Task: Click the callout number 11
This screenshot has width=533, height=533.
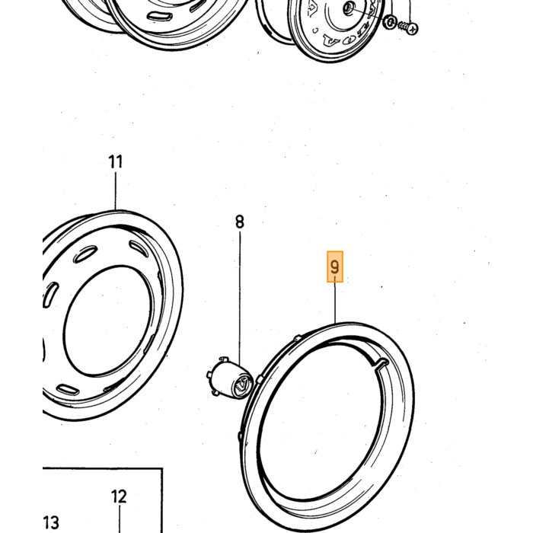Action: (115, 161)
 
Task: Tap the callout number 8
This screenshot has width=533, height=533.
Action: (240, 222)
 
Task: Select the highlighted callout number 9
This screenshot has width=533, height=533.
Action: (335, 266)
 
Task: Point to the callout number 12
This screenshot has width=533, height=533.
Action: (119, 496)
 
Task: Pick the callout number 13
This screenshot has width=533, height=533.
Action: (51, 522)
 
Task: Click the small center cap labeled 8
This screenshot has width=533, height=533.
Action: (229, 378)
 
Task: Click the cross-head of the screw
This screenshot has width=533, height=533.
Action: (413, 29)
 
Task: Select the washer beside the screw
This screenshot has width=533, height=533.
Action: (390, 22)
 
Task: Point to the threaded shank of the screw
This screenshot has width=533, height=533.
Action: (403, 25)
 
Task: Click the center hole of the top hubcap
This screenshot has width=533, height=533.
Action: (347, 8)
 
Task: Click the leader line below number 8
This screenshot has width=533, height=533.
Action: (240, 299)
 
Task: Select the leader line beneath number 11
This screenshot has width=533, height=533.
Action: (116, 191)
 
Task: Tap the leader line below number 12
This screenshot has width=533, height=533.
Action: (120, 519)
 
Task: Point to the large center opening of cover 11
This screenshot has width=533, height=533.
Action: (107, 321)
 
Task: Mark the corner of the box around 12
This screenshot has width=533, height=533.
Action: (162, 468)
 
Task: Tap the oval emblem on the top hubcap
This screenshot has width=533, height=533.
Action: (349, 41)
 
